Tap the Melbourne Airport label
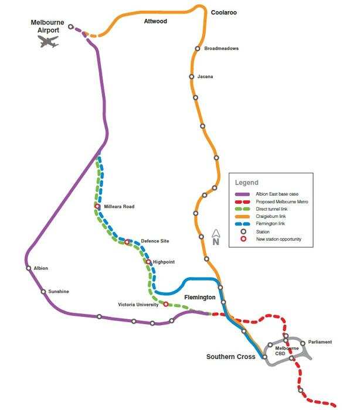47,26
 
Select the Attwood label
155,22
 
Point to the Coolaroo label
223,12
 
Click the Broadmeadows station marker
198,49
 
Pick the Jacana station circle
192,77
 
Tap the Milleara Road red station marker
97,206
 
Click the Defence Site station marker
127,242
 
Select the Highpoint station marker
148,262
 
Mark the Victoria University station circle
166,305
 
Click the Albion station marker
28,268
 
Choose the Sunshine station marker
43,291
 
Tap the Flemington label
200,298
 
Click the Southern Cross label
230,357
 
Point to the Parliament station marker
303,343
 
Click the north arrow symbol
215,238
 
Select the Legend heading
247,183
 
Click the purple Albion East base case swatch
242,194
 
